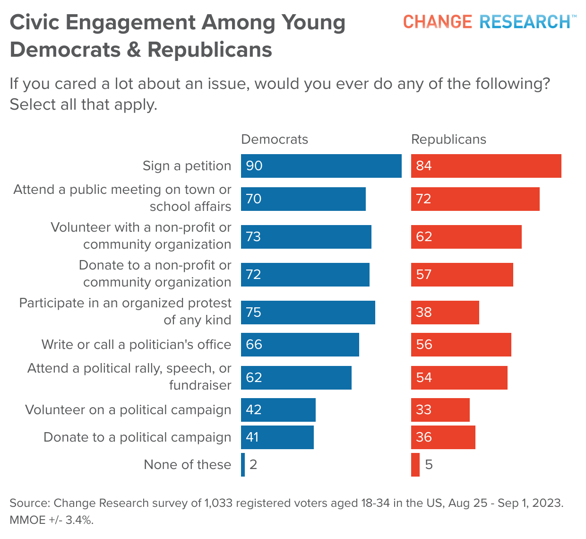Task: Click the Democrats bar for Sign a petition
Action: (321, 166)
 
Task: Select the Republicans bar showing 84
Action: (486, 166)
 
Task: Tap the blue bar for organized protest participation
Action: (308, 313)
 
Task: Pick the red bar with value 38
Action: (445, 313)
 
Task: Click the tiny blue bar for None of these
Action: (243, 465)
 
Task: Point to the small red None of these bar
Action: (415, 465)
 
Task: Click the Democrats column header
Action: (275, 139)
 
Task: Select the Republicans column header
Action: (448, 139)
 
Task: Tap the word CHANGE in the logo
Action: (437, 22)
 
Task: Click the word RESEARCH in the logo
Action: (525, 22)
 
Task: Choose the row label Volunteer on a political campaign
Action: (128, 410)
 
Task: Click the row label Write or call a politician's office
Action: (136, 345)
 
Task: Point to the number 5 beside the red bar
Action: (429, 465)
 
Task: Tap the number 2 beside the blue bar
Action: (253, 465)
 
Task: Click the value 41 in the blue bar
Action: (252, 437)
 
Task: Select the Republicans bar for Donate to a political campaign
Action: (443, 437)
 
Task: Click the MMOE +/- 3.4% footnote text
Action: (52, 520)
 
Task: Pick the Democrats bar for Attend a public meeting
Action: (303, 199)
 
